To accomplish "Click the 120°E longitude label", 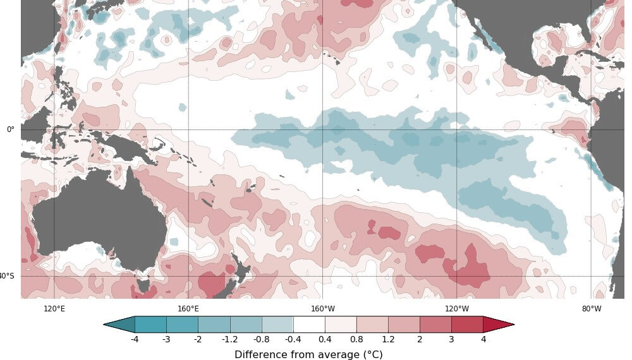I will point(54,309).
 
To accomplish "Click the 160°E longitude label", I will point(188,309).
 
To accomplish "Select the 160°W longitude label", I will point(323,309).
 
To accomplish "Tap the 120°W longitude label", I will point(457,309).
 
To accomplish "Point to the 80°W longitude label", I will point(592,309).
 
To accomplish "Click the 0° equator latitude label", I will point(10,129).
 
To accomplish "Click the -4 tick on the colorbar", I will point(135,339).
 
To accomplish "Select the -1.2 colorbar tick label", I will point(230,339).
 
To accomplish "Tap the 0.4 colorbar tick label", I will point(325,339).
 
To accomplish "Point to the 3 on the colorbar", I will point(451,339).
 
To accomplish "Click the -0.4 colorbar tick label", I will point(293,339).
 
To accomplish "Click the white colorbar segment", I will point(309,325).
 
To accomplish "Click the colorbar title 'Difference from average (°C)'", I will point(308,354).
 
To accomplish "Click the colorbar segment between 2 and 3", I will point(435,325).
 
